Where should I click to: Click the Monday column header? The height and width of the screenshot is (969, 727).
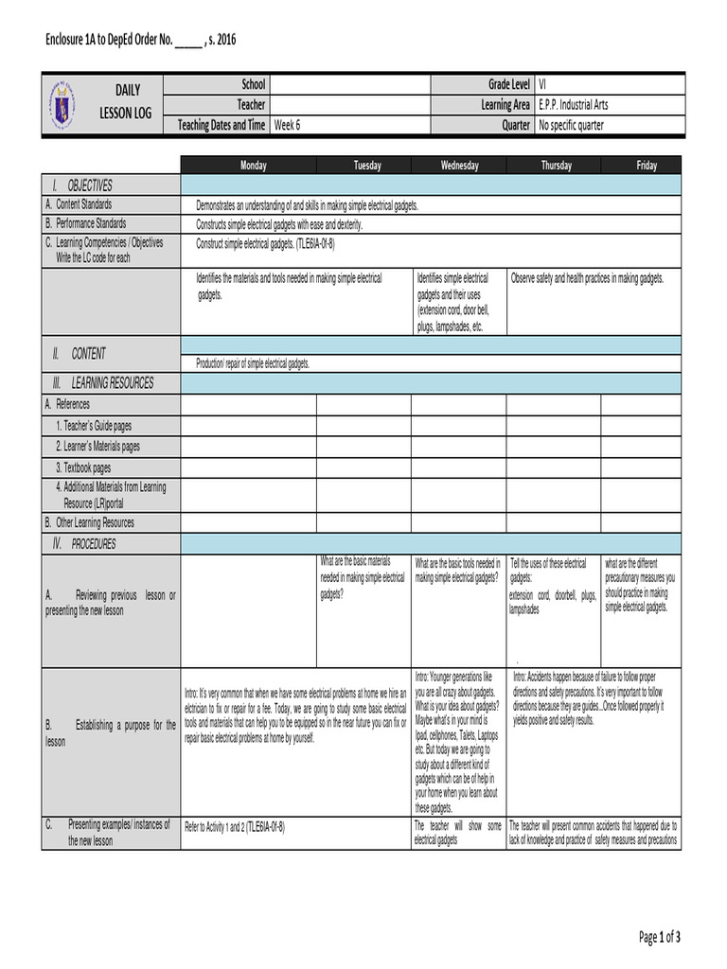click(x=253, y=166)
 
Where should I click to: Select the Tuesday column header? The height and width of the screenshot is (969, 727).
click(x=367, y=166)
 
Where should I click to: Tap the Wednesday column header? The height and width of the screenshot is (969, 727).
click(x=459, y=166)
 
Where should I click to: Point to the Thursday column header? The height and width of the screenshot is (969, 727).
click(x=556, y=166)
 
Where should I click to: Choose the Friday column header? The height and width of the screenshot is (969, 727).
click(x=647, y=166)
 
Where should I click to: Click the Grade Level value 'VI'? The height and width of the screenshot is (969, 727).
click(x=543, y=84)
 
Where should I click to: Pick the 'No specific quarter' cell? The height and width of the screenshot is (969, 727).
click(x=571, y=125)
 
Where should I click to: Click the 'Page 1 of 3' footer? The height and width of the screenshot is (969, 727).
click(x=659, y=937)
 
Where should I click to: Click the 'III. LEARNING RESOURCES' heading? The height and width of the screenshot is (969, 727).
click(x=103, y=383)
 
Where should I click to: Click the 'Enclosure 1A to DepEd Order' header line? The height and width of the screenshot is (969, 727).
click(x=140, y=40)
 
